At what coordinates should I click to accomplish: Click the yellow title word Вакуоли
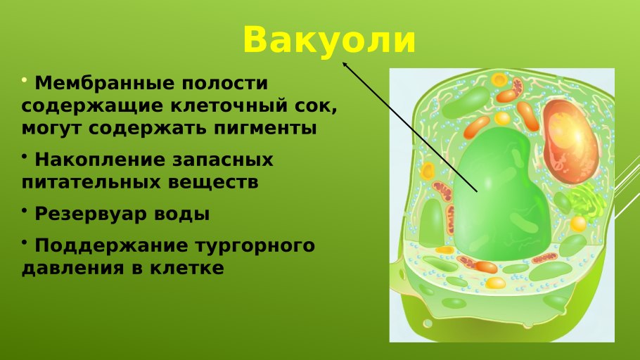(329, 40)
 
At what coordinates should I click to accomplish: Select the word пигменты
(264, 129)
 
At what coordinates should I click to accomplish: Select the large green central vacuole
(501, 196)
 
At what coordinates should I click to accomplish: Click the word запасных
(222, 160)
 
